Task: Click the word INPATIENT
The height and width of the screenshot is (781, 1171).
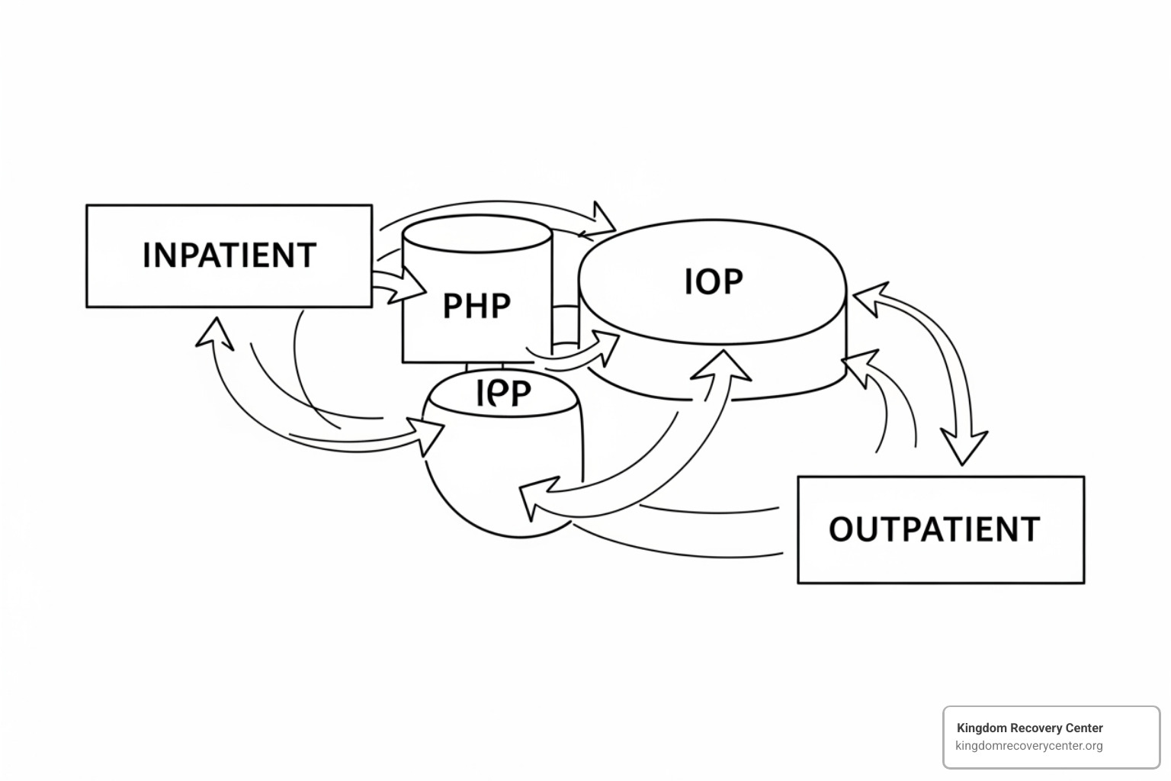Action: (x=229, y=256)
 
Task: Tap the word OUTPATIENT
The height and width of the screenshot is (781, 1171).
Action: (x=934, y=529)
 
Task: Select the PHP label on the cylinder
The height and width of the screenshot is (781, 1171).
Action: (x=476, y=306)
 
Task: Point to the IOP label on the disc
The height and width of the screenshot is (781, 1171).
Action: (x=713, y=281)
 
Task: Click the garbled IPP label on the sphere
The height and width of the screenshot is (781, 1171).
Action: (x=503, y=394)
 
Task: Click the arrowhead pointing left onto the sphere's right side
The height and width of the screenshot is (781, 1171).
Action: (x=534, y=500)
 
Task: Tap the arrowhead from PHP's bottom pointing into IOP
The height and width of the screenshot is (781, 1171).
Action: (x=608, y=347)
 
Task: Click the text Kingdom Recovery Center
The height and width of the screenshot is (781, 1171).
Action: (x=1029, y=728)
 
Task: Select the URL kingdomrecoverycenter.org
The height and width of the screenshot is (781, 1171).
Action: (x=1028, y=746)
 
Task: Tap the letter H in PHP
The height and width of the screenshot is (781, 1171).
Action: (x=476, y=306)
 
